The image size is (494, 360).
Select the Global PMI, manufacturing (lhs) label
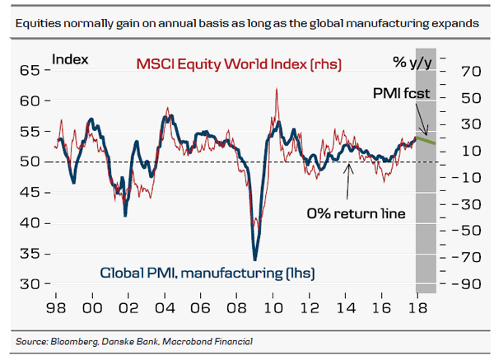tap(208, 273)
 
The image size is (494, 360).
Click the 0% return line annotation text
tap(357, 213)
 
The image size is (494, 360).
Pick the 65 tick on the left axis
tap(29, 72)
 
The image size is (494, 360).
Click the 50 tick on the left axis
tap(29, 161)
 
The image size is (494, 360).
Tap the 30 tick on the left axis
tap(29, 283)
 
